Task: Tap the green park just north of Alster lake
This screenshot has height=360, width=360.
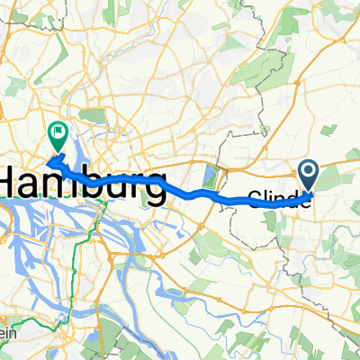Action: tap(90, 115)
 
